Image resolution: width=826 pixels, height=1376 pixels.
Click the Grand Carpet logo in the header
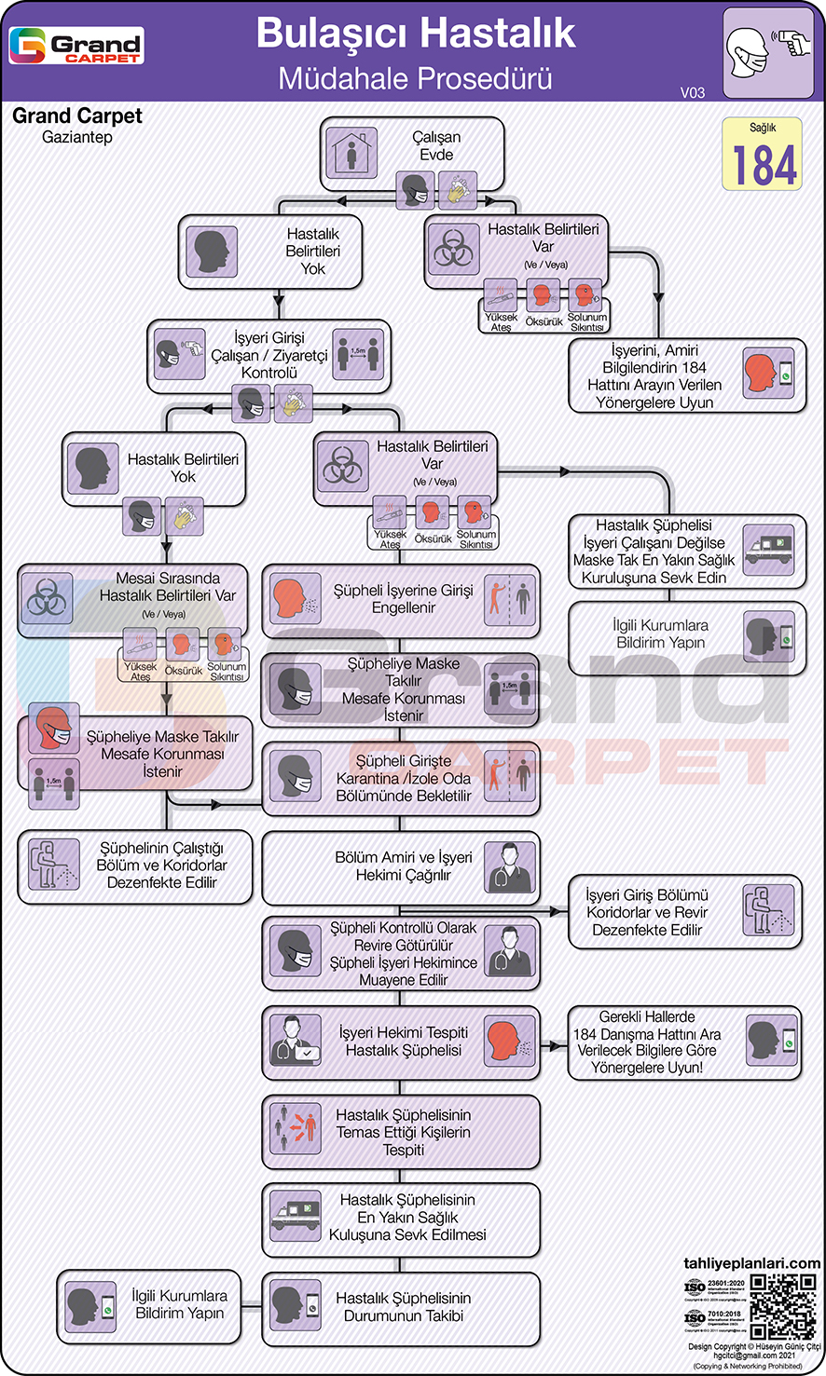pos(76,45)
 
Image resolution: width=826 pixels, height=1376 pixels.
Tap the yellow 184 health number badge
pos(762,155)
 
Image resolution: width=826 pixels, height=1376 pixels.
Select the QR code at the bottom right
pos(783,1307)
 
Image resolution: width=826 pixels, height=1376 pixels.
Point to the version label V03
pos(693,92)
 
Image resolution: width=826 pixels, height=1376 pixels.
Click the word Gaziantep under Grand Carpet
pos(77,138)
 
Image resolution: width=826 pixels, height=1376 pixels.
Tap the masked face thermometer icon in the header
pos(767,52)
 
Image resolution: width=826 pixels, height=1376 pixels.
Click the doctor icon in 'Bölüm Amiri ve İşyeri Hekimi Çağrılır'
pos(511,866)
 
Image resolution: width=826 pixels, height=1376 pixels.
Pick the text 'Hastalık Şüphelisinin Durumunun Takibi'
pos(404,1307)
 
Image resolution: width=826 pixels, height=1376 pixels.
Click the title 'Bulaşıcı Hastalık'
pos(416,34)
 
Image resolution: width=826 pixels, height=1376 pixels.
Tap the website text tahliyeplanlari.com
pos(752,1263)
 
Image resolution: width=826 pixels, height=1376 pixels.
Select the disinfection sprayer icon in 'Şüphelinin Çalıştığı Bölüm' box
pos(53,865)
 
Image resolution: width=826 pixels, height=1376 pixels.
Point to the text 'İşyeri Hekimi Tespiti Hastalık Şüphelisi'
pos(404,1042)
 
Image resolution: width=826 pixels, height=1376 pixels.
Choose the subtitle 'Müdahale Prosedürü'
pos(416,78)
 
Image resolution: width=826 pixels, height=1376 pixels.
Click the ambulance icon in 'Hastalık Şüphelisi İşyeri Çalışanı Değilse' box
pos(768,551)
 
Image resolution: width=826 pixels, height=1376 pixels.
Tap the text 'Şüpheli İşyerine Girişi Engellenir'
pos(404,599)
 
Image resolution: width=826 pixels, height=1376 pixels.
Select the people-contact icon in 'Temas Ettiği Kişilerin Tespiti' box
pos(293,1131)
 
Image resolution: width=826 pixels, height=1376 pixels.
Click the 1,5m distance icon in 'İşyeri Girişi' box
pos(359,355)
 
